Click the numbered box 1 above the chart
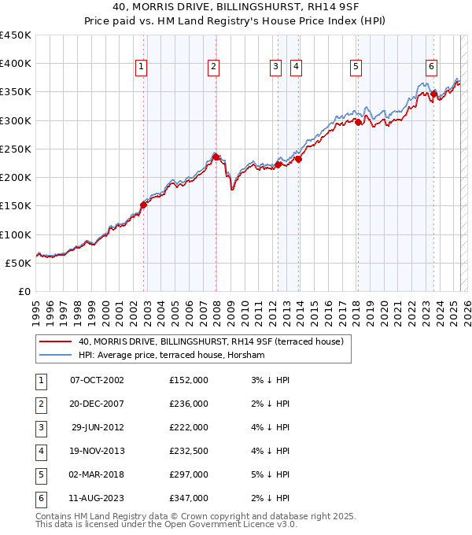tap(140, 68)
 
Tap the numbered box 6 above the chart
tap(432, 68)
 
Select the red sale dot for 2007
tap(216, 157)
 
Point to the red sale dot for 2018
tap(358, 122)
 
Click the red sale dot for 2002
tap(143, 205)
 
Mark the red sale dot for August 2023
tap(433, 94)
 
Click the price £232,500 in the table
tap(189, 451)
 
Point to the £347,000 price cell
tap(189, 498)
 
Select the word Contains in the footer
tap(54, 516)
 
